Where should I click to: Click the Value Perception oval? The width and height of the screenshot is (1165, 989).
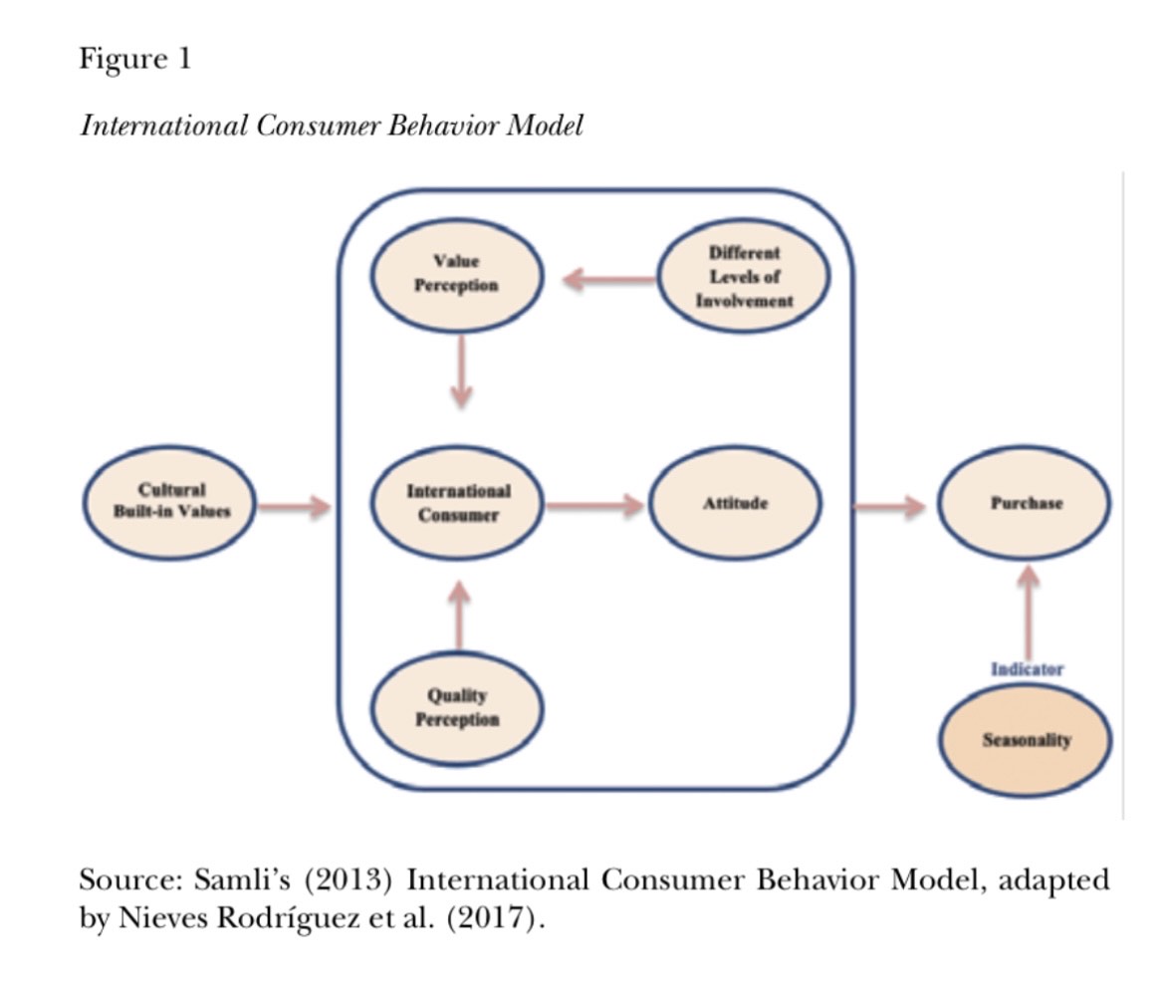[x=456, y=274]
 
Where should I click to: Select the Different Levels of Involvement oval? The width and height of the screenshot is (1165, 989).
[x=744, y=276]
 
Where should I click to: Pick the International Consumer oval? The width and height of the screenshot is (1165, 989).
[x=457, y=503]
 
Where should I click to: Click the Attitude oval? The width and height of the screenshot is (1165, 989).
[x=735, y=503]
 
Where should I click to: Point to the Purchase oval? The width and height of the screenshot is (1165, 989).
[x=1026, y=503]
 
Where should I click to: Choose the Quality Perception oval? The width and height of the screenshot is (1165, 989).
[x=457, y=708]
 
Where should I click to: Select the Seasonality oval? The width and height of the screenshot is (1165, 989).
[x=1026, y=741]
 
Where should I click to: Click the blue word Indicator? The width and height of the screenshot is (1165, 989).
[x=1027, y=669]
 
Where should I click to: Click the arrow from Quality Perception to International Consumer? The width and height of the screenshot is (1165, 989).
[x=458, y=616]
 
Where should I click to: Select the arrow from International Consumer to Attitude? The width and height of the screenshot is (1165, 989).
[x=593, y=505]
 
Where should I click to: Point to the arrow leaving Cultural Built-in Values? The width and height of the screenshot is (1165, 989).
[x=295, y=507]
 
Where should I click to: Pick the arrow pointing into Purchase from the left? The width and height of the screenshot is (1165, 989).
[x=889, y=507]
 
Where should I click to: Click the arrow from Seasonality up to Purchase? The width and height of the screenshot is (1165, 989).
[x=1028, y=609]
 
